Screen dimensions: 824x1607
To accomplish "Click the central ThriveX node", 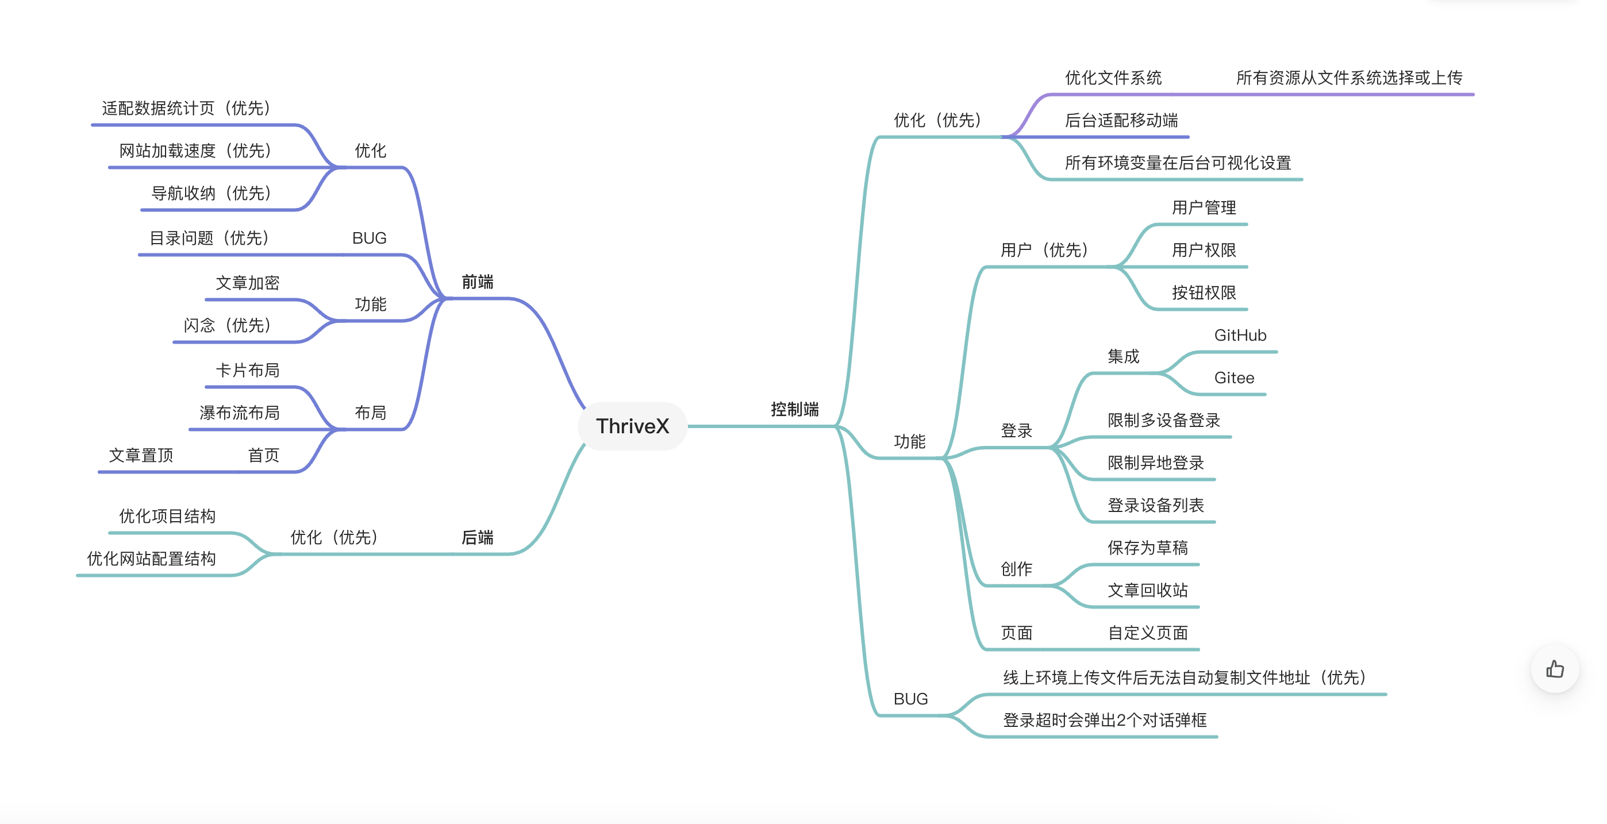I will click(x=632, y=426).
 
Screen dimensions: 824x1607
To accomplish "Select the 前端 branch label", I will click(x=477, y=282).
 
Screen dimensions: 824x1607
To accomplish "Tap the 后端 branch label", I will click(x=477, y=537).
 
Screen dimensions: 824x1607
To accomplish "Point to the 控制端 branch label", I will click(x=794, y=409).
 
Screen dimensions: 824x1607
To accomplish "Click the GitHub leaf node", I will click(x=1240, y=336).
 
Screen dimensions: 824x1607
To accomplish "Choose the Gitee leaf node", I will click(x=1233, y=378).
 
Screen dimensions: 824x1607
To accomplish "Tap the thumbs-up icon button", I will click(x=1555, y=669).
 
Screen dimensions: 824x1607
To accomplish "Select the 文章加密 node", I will click(x=247, y=283).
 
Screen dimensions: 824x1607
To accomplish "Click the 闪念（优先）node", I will click(x=227, y=326).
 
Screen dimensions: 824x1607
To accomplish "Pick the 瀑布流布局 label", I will click(x=239, y=413).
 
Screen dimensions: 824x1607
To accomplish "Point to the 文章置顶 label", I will click(x=140, y=455).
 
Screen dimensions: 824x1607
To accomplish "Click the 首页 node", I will click(x=263, y=455).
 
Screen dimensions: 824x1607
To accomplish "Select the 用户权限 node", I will click(x=1204, y=250).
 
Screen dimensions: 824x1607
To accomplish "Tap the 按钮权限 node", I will click(x=1204, y=292).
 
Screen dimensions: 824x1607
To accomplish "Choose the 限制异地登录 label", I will click(x=1155, y=463).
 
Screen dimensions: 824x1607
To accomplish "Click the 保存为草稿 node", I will click(x=1147, y=548).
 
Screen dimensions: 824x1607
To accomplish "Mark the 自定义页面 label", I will click(x=1147, y=633).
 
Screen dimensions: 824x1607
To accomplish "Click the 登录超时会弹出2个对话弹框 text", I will click(x=1104, y=721).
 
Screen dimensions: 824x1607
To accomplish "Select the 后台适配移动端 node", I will click(x=1121, y=121).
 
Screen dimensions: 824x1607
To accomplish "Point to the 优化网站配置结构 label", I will click(x=151, y=559).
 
